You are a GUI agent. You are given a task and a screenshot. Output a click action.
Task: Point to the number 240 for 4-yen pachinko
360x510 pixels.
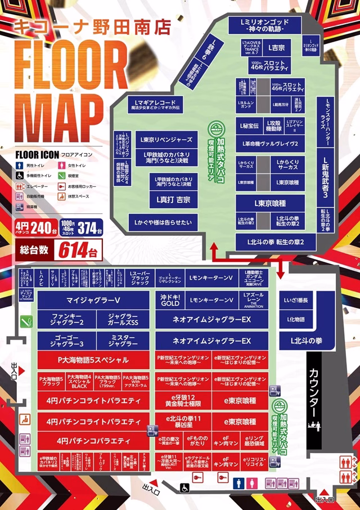tap(41, 229)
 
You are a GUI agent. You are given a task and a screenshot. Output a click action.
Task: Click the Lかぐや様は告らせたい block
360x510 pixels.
tap(163, 223)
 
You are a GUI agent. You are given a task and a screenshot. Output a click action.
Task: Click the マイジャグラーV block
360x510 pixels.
tap(94, 299)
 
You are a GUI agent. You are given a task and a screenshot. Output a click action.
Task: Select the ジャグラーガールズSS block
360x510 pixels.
tap(123, 319)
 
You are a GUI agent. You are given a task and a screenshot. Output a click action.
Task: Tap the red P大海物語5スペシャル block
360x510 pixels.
tap(93, 360)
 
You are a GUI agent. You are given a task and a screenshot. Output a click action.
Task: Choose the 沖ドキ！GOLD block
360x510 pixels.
tap(170, 299)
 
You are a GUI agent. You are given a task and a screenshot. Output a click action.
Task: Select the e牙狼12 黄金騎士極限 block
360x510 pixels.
tap(182, 401)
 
